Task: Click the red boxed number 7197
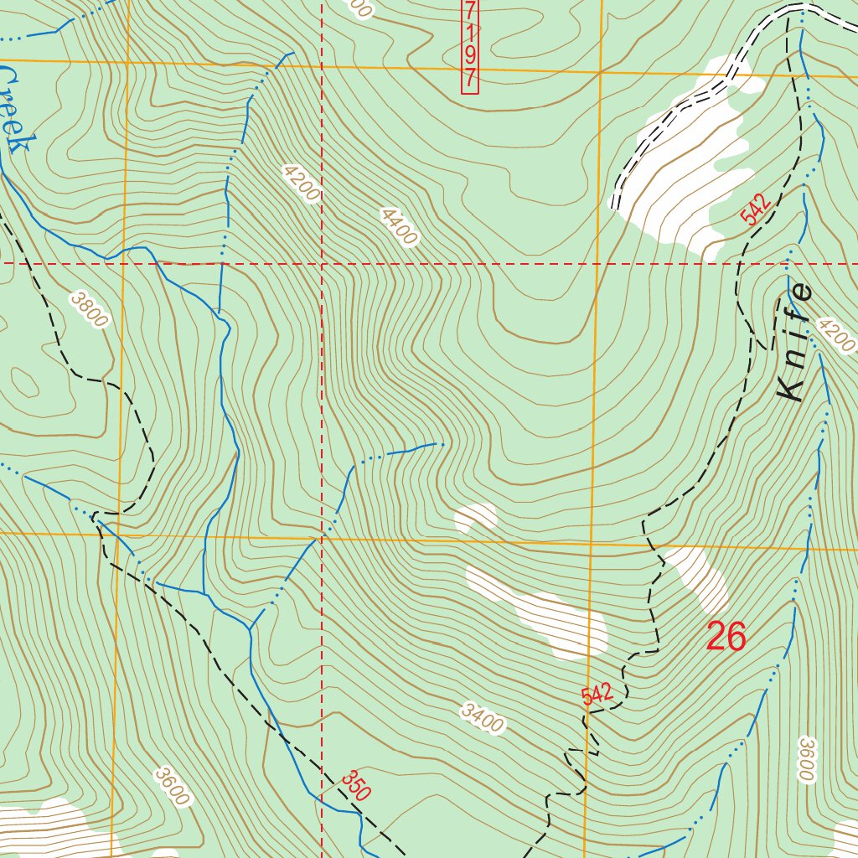coord(470,45)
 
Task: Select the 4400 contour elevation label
coord(398,227)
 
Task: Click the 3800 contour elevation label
coord(90,310)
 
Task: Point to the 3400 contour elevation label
coord(482,719)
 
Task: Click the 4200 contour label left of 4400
coord(301,183)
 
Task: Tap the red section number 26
coord(726,638)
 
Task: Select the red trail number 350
coord(355,786)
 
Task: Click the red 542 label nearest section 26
coord(597,694)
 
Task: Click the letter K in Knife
coord(789,387)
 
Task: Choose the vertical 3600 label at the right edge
coord(806,760)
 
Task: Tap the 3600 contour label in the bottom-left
coord(172,786)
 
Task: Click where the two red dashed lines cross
coord(323,263)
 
